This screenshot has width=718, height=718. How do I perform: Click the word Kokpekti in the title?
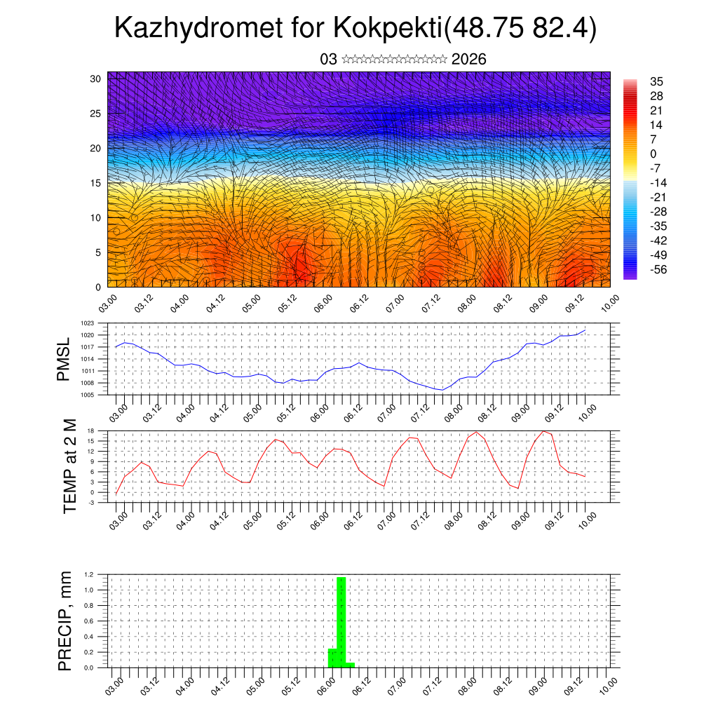click(x=388, y=29)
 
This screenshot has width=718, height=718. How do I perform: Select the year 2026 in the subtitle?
click(x=469, y=60)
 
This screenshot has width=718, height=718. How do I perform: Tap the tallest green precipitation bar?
click(x=341, y=621)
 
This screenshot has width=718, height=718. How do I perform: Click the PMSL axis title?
click(x=64, y=359)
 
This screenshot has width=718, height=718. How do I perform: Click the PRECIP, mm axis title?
click(x=65, y=621)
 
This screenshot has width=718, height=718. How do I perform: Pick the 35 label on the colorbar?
click(x=657, y=81)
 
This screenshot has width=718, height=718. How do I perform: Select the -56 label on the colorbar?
click(x=658, y=269)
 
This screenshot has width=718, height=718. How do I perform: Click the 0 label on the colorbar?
click(x=653, y=154)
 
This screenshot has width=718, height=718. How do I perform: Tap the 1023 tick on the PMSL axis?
click(x=87, y=323)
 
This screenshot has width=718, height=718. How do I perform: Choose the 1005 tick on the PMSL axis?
click(x=87, y=395)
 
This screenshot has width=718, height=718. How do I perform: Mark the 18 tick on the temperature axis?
click(x=91, y=431)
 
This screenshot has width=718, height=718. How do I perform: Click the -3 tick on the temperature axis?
click(x=91, y=503)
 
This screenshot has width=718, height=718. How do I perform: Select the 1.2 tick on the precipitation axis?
click(x=89, y=574)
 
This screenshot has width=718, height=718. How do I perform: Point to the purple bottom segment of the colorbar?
click(x=630, y=275)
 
